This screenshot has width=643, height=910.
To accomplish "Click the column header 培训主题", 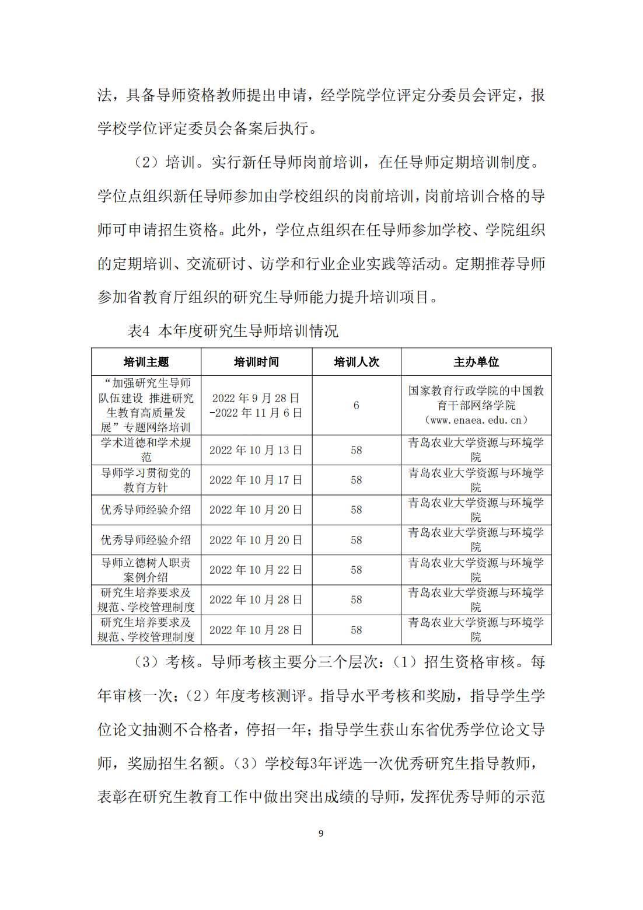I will (146, 362).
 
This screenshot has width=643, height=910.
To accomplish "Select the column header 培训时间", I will (256, 362).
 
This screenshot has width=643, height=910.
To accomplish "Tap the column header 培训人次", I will (356, 362).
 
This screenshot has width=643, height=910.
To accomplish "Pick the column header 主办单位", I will (476, 362).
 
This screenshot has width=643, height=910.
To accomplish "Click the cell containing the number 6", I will (356, 405).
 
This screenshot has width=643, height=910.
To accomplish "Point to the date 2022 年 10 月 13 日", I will (256, 450).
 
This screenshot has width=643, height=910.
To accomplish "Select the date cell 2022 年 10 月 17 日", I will (256, 480).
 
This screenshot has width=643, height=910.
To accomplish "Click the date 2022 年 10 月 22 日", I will (256, 570).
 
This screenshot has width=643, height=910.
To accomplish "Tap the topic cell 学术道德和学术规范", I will (146, 449).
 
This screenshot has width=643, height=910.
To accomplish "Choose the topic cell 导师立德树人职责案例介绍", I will (146, 570).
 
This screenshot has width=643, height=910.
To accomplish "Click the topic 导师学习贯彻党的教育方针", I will (146, 480).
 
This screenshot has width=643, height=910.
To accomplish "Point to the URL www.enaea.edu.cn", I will (476, 420).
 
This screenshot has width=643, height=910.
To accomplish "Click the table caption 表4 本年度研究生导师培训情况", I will (233, 331).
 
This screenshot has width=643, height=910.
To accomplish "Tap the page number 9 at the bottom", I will (321, 833).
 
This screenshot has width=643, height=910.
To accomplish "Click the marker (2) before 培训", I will (146, 162).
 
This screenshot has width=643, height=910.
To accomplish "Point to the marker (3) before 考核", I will (146, 662).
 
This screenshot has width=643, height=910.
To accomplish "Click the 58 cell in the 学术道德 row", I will (356, 450).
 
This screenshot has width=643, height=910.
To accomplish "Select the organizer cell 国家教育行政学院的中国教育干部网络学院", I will (476, 398).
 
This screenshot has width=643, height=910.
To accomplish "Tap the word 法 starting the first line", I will (104, 95).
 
